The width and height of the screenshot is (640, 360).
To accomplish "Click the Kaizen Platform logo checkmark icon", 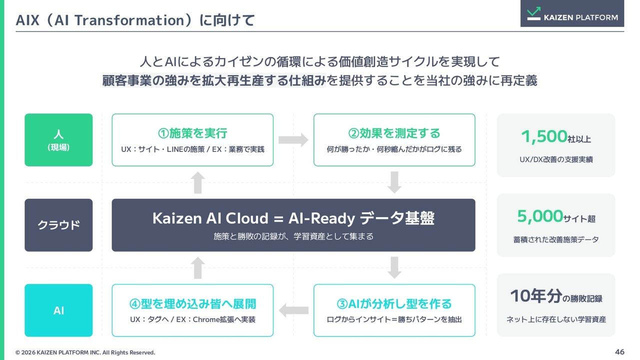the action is [x=533, y=13].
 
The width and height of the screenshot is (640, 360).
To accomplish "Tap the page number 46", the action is [x=619, y=351].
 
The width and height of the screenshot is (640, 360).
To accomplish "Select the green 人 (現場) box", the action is [x=58, y=140].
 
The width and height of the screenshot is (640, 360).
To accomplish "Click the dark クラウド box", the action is [x=58, y=225].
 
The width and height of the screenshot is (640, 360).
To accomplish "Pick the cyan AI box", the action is [x=58, y=310].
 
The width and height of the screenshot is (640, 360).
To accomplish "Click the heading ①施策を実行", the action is [x=192, y=133].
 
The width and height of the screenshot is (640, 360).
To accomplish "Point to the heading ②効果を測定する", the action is [x=394, y=133].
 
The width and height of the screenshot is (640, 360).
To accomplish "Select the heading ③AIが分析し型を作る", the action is [x=394, y=303].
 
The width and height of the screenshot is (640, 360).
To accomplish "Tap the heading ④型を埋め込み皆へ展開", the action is [x=192, y=303].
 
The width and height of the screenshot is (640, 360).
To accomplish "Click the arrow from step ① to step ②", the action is [x=293, y=140].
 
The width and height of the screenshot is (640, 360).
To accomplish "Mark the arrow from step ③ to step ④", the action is [x=293, y=310].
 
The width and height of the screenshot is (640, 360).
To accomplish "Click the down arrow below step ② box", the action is [x=394, y=182].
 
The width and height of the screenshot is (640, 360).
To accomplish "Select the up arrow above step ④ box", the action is [x=197, y=267].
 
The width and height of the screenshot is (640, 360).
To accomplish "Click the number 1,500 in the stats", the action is [x=544, y=136].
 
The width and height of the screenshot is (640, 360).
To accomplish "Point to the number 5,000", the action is [x=540, y=216].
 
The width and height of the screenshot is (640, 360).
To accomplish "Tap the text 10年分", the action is [x=536, y=295].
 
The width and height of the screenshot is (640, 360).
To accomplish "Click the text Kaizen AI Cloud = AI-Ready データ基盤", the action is [x=293, y=218].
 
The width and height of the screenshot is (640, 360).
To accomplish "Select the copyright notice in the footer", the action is [x=85, y=352].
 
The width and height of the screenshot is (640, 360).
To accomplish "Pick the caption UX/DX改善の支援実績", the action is [x=556, y=159].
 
